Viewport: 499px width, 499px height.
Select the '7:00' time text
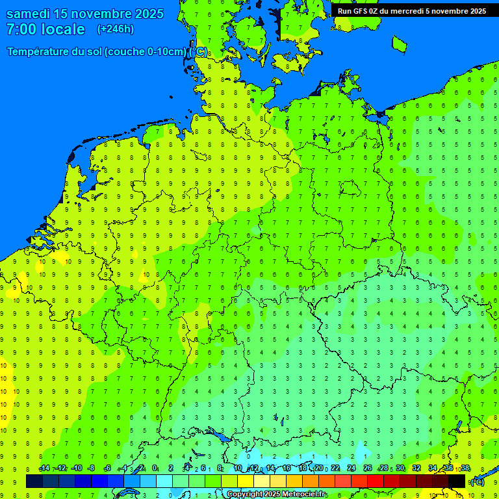tap(20, 29)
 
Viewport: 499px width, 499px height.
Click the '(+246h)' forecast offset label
tap(115, 29)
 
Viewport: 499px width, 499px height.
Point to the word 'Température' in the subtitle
tap(39, 51)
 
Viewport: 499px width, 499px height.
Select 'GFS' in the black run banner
tap(361, 11)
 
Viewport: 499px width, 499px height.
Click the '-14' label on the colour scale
tap(44, 468)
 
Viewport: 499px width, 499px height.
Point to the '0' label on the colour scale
tap(155, 468)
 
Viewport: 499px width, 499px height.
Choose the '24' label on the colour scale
tap(352, 468)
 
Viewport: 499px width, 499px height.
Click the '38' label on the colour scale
tap(465, 468)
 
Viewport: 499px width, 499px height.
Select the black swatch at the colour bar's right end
tap(457, 481)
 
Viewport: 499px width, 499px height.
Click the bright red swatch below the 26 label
tap(376, 481)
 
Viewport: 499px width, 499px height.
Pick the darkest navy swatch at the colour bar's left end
tap(34, 481)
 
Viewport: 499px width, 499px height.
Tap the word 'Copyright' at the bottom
tap(244, 494)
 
